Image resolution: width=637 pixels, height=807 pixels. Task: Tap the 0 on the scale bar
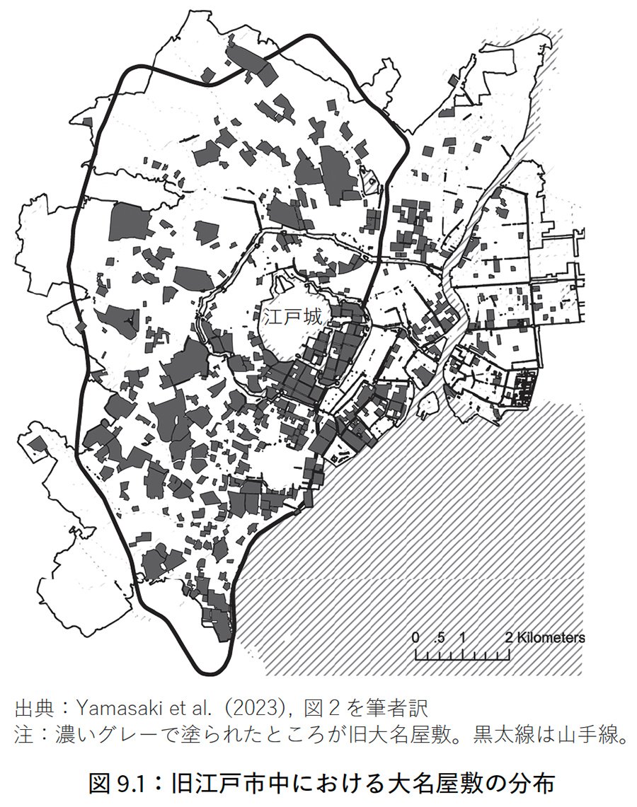coord(415,637)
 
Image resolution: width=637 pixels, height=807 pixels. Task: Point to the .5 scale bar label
coord(439,637)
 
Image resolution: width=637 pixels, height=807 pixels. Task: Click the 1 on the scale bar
coord(462,637)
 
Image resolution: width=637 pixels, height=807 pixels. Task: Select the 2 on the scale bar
coord(509,637)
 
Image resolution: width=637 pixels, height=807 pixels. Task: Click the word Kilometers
coord(551,637)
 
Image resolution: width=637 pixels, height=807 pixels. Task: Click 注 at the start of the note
coord(23,735)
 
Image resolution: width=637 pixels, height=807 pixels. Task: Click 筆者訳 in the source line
coord(405,707)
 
